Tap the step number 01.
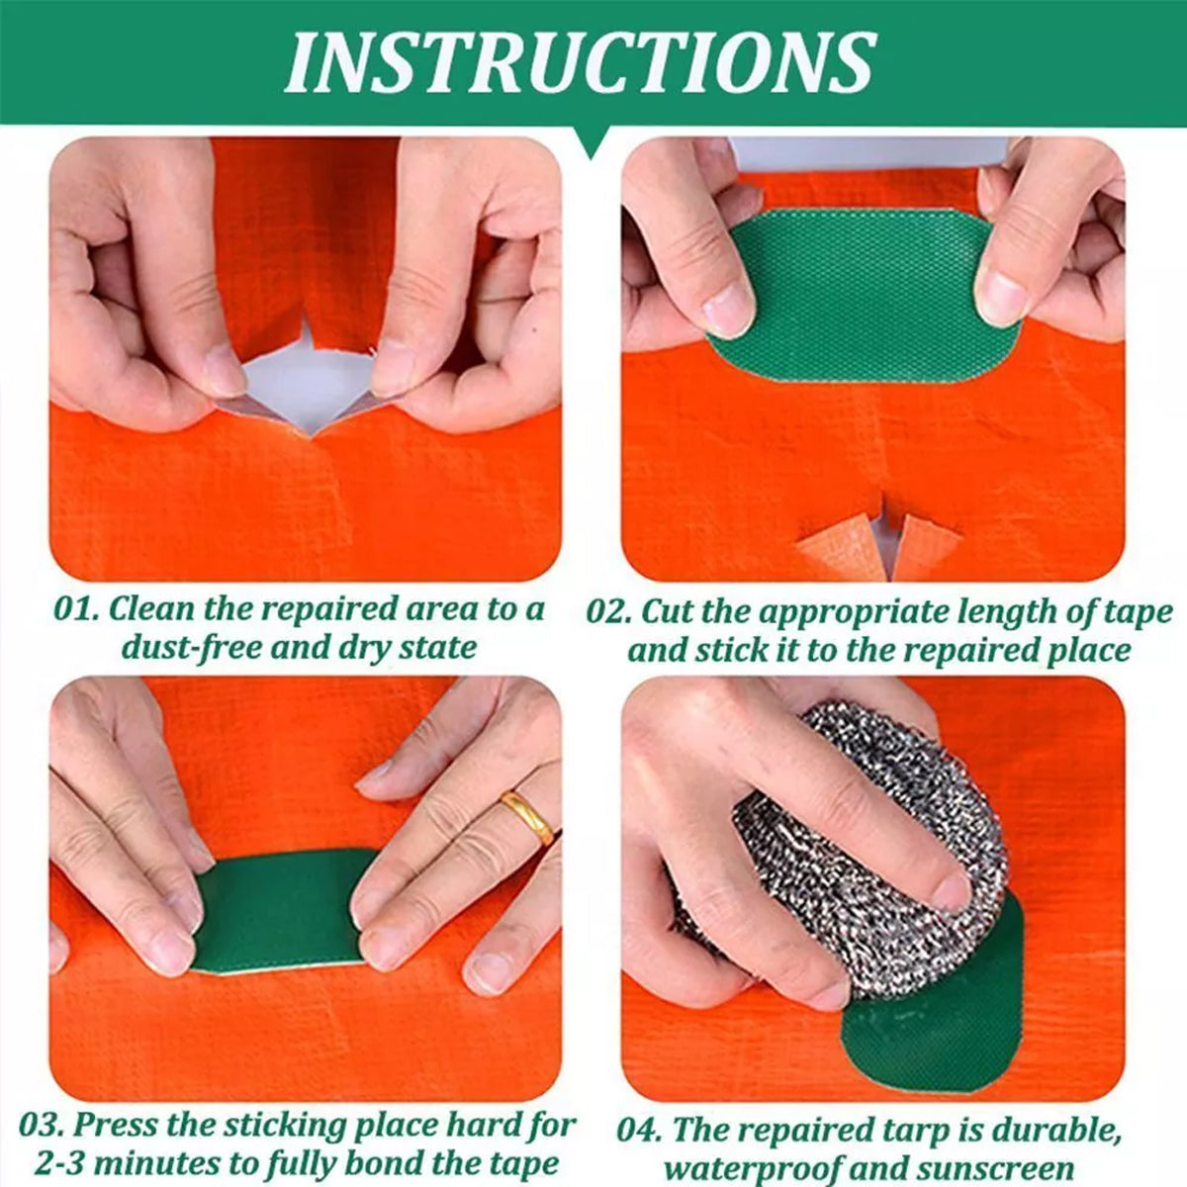(74, 609)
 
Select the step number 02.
(607, 612)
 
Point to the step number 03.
(41, 1125)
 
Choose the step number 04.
(639, 1130)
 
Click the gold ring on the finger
(526, 816)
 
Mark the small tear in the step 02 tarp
(890, 539)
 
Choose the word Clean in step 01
(150, 609)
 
